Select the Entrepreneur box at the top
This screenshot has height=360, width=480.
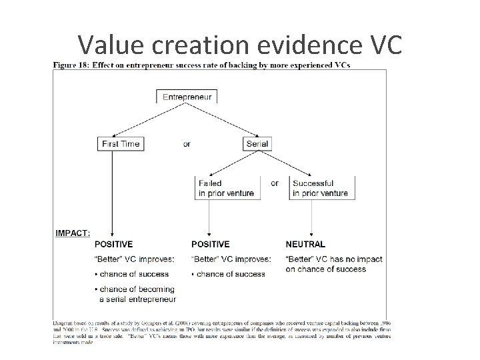(x=187, y=97)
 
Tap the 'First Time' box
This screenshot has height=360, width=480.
(x=120, y=144)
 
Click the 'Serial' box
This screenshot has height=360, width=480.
(x=257, y=144)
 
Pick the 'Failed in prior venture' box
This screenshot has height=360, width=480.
(x=226, y=188)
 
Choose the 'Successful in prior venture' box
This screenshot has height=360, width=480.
(x=320, y=188)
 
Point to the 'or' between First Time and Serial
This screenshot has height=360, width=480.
(x=186, y=144)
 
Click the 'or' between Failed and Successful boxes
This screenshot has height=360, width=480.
(x=274, y=183)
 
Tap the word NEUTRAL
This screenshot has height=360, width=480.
(x=305, y=245)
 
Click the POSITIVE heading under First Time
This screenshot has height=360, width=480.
(x=113, y=245)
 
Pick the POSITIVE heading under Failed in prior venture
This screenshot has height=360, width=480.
(x=210, y=245)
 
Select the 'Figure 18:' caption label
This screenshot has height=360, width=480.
(x=72, y=65)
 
